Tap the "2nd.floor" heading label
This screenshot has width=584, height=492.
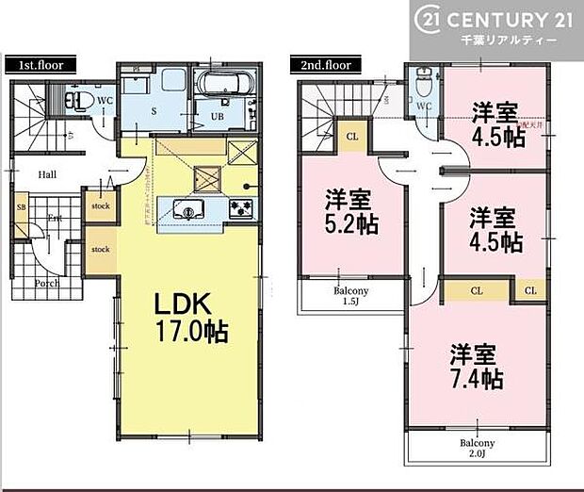pos(325,66)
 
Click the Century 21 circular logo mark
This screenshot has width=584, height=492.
pos(429,19)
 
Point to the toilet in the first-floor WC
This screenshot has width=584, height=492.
pos(77,98)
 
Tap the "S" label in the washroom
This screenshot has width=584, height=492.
pos(157,107)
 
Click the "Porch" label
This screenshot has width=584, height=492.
pos(46,282)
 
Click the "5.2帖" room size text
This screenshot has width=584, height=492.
pos(348,225)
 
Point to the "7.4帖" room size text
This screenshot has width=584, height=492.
pos(476,379)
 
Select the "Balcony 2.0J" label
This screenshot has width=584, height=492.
pos(477,448)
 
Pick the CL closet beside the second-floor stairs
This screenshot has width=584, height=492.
pos(351,136)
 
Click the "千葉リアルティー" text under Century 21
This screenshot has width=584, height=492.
pos(511,42)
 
